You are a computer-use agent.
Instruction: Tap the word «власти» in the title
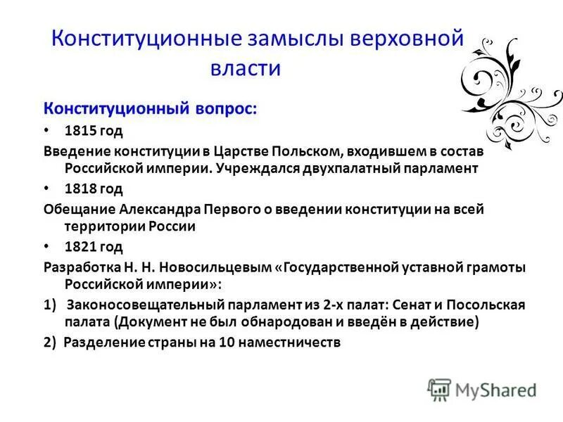coord(246,68)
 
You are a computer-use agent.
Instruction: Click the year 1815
coord(78,131)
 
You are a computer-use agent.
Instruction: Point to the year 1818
coord(78,188)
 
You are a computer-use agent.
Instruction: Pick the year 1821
coord(78,246)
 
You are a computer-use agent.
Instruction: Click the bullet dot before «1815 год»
coord(48,131)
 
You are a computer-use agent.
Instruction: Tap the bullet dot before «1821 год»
coord(48,246)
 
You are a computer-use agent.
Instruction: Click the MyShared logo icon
coord(438,389)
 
